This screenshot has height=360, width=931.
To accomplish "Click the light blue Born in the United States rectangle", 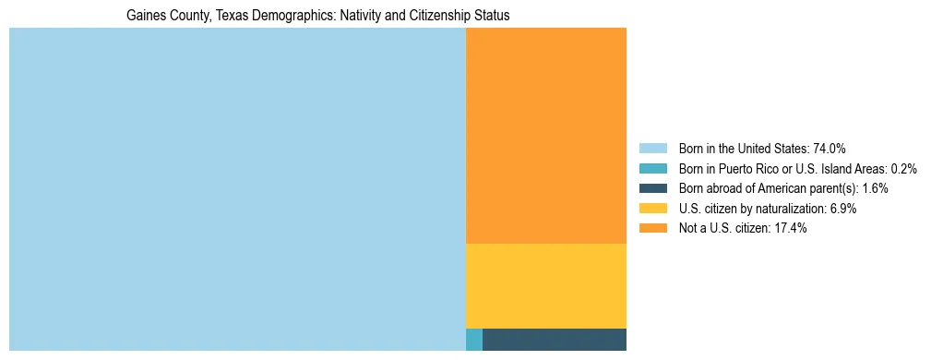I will point(237,189).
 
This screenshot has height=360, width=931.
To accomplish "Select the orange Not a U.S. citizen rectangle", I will point(545,136).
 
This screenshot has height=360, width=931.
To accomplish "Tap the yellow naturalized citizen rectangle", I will point(545,286).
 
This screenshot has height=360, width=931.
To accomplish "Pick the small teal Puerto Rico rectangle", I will point(474,340).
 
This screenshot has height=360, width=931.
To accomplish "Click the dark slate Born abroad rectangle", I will point(554,340).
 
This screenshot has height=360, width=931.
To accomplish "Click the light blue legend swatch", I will point(652,148).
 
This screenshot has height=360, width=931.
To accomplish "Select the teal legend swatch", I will point(652,168).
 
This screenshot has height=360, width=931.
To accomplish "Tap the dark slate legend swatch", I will point(652,188).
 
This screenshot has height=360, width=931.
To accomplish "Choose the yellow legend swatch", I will point(652,209).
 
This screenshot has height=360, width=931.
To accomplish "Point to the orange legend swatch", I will point(652,229).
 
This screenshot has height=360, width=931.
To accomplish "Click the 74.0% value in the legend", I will point(830,148).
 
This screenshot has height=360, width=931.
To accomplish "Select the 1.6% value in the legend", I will point(875,188).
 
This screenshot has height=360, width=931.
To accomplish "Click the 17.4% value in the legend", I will point(790,229).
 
